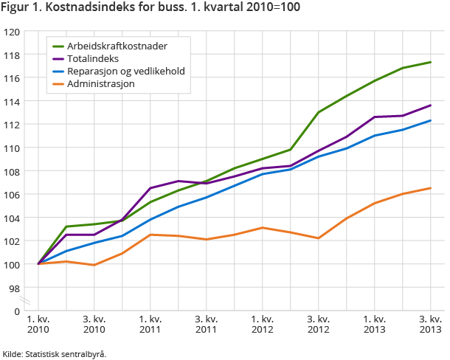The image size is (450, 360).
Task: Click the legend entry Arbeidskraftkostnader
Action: (x=117, y=46)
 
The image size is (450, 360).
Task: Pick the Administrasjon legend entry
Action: (x=100, y=84)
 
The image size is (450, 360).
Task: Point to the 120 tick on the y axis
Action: (x=12, y=32)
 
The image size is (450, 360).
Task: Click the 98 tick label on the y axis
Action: (x=15, y=287)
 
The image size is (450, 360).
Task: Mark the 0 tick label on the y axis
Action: (x=17, y=311)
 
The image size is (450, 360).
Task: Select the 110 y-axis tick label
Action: (x=12, y=148)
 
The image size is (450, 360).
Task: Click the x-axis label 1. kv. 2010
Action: (x=38, y=324)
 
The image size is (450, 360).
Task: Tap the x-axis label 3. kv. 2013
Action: (x=431, y=324)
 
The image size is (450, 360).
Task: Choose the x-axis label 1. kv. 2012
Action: (x=263, y=324)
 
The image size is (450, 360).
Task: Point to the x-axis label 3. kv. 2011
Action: (x=207, y=324)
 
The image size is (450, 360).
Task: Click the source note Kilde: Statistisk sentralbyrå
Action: (x=55, y=354)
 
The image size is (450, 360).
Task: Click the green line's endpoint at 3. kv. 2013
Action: (x=431, y=62)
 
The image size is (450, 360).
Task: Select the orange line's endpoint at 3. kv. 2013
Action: (x=431, y=188)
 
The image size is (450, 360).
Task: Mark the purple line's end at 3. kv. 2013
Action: (x=431, y=105)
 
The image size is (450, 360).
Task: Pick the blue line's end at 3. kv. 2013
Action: (x=431, y=120)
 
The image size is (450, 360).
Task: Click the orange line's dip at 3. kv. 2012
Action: (x=319, y=238)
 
